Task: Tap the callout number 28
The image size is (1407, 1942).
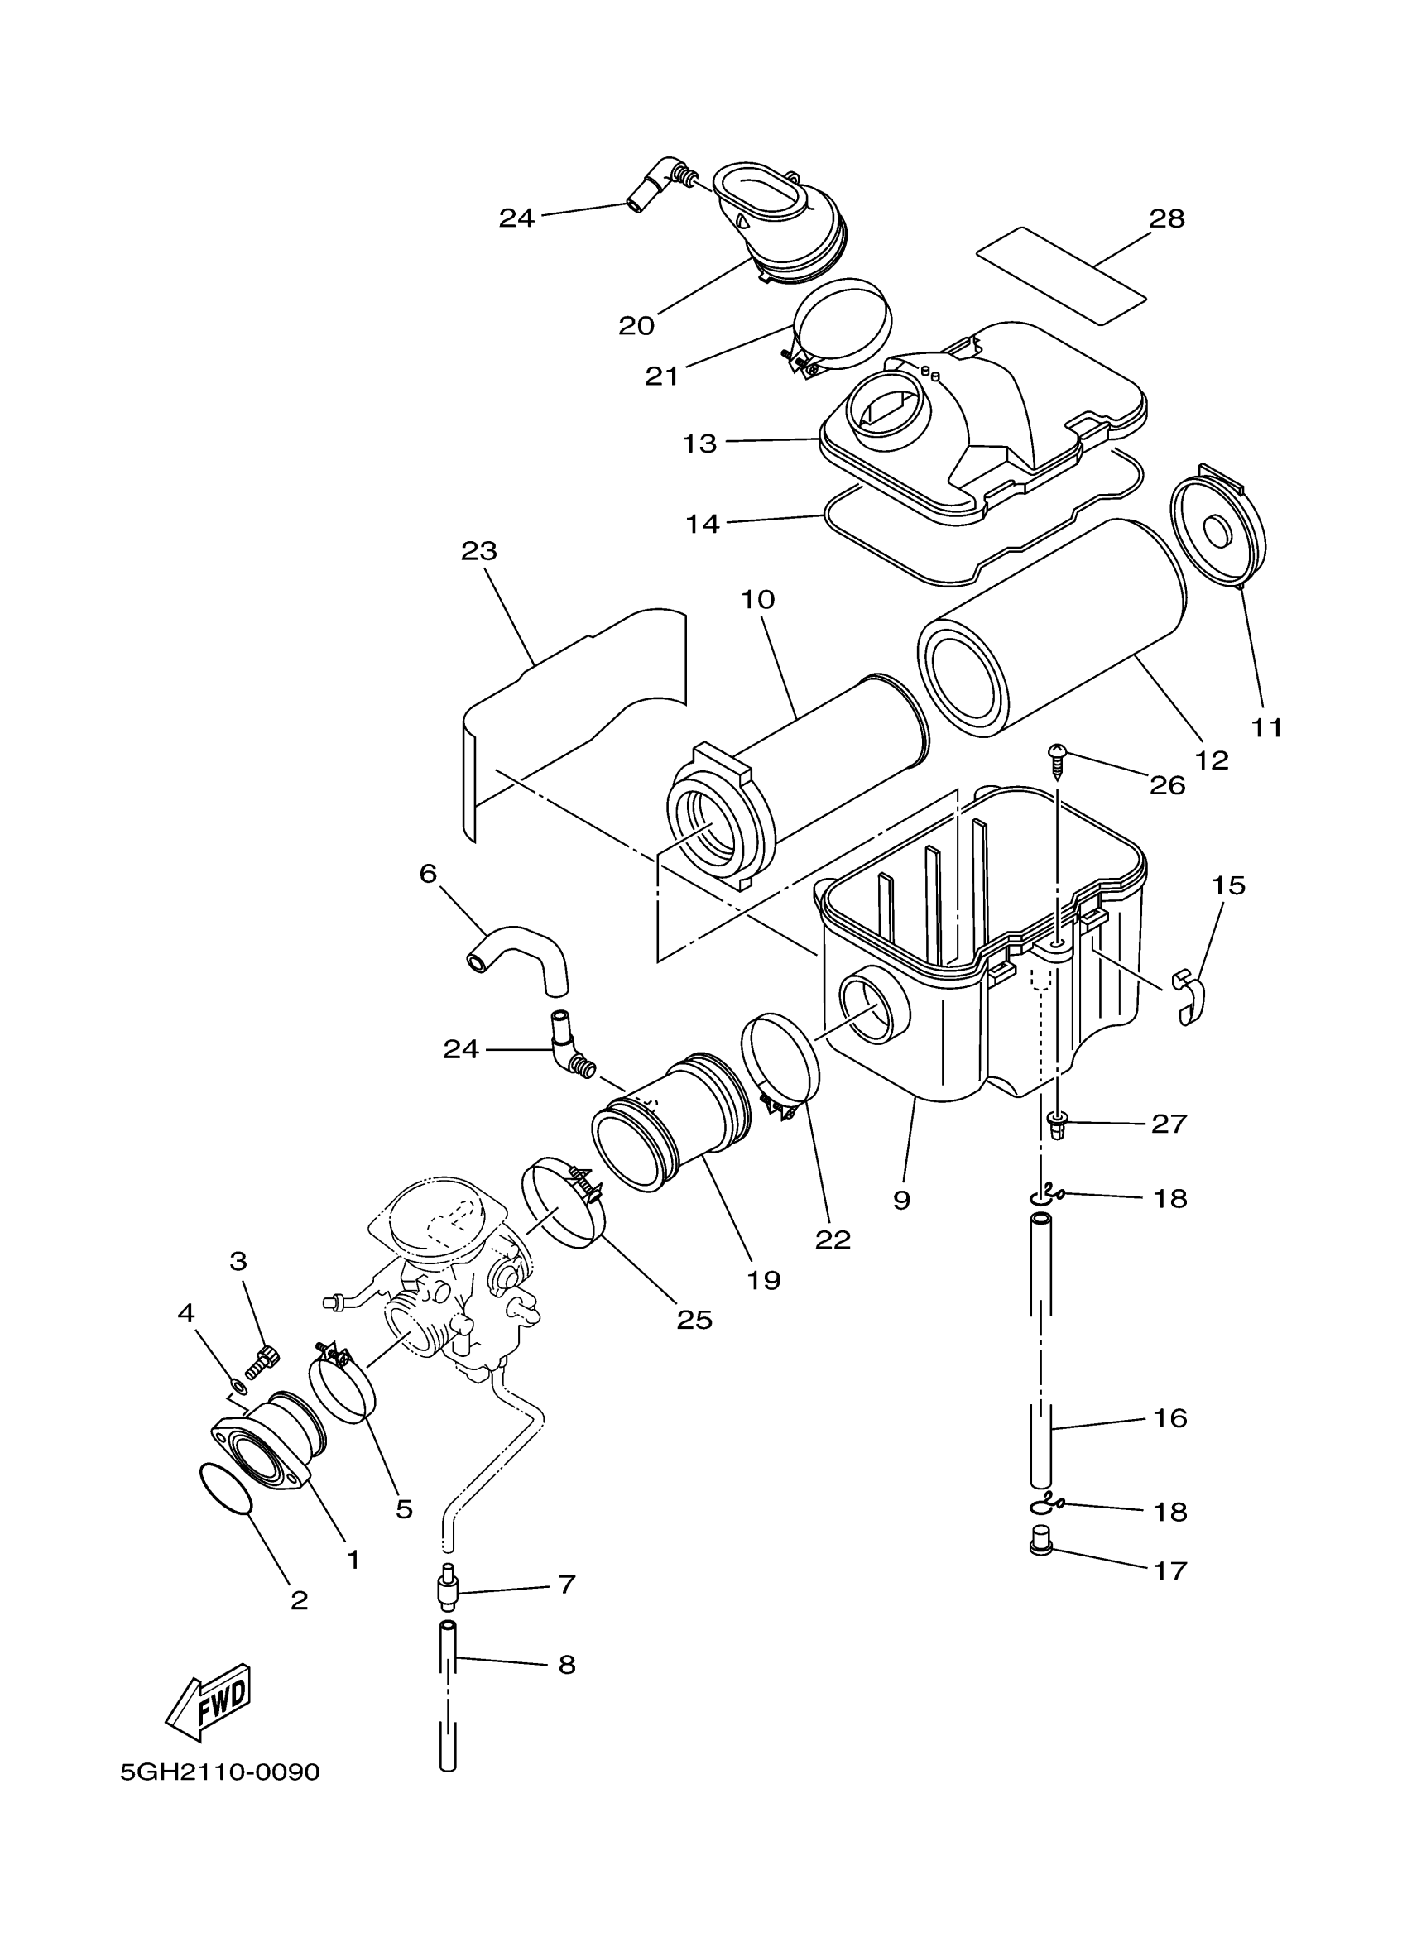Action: coord(1167,219)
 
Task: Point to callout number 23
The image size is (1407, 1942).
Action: coord(478,550)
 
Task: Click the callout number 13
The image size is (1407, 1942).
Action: coord(699,444)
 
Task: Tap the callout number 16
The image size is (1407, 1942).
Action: coord(1170,1418)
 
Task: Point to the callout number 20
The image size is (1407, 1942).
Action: coord(636,325)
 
